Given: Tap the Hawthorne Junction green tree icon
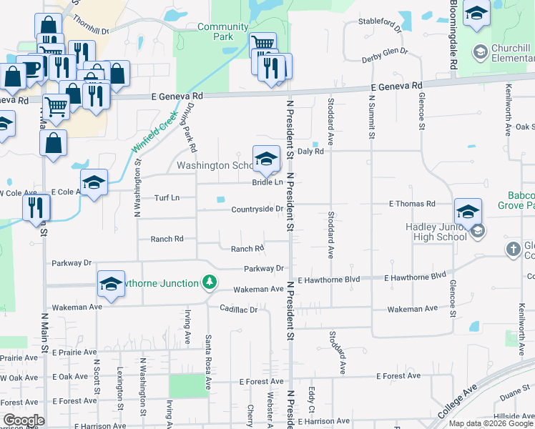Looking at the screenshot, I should click(209, 283).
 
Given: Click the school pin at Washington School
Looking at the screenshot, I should click(266, 159).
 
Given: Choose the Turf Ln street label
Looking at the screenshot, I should click(166, 197).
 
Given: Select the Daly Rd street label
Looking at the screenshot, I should click(311, 152).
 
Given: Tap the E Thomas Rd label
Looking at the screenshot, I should click(412, 204).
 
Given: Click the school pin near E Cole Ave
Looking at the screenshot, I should click(94, 184).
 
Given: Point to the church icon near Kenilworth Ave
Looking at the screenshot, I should click(513, 250).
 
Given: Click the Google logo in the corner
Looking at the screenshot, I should click(24, 420).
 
